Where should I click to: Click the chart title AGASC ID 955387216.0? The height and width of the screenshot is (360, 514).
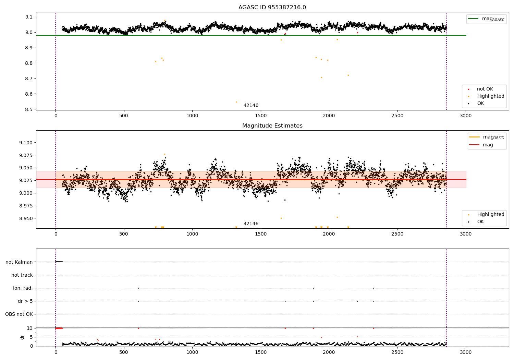click(272, 8)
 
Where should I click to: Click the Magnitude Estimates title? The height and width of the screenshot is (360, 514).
click(272, 126)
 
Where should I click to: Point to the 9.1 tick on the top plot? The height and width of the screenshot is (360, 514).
click(29, 17)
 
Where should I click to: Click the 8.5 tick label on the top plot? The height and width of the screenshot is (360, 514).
click(29, 109)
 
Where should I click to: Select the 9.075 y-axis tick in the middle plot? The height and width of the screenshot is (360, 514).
click(26, 155)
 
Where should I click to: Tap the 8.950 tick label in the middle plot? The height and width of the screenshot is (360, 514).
click(26, 218)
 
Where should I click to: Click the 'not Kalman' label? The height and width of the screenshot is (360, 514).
click(19, 262)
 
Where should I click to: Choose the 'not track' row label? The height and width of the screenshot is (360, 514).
click(22, 275)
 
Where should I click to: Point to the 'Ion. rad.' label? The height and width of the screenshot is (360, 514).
click(23, 288)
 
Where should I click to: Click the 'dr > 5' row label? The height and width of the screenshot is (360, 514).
click(25, 301)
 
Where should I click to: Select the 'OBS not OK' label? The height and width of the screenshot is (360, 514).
click(19, 314)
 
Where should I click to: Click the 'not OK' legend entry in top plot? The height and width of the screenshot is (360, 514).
click(485, 89)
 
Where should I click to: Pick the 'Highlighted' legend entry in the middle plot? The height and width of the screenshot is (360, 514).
click(490, 214)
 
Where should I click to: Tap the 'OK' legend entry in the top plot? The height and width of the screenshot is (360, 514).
click(480, 103)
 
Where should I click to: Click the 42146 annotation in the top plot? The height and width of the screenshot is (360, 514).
click(251, 106)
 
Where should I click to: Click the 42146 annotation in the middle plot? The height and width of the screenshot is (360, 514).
click(251, 224)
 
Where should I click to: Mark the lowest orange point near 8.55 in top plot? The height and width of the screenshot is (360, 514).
click(236, 102)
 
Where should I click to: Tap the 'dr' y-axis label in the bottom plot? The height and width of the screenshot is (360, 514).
click(22, 337)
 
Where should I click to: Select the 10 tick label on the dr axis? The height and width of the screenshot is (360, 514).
click(30, 328)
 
